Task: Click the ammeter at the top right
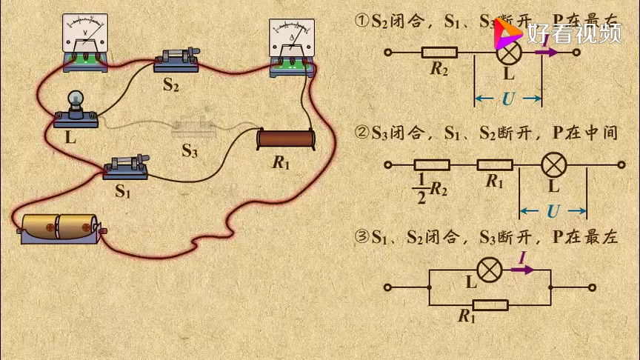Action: pos(293,48)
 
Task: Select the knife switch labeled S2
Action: pos(177,60)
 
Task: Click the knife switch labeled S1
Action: pos(127,167)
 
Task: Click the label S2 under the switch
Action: pos(171,84)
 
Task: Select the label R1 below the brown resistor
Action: pos(281,163)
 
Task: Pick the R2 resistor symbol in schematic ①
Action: pos(439,53)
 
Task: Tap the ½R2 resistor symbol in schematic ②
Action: pos(431,165)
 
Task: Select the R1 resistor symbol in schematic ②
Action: pos(495,165)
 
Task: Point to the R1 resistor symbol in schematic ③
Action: pos(490,304)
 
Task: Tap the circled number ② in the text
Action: pos(362,133)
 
